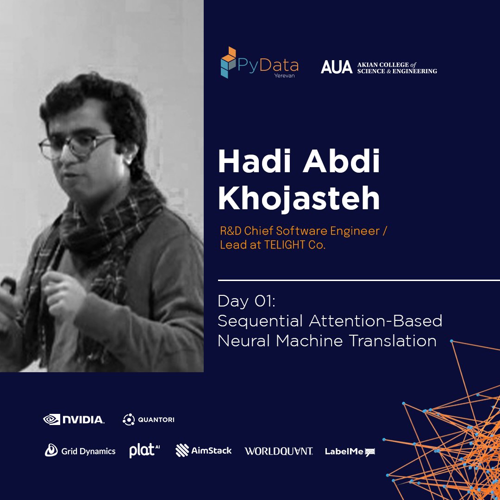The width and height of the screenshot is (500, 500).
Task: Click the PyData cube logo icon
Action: [228, 62]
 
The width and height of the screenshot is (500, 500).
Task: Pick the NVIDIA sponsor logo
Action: [74, 419]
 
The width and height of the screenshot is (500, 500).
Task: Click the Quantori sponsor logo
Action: [149, 419]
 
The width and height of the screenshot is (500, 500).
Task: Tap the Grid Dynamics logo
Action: [80, 450]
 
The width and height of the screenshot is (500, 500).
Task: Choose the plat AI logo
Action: [144, 450]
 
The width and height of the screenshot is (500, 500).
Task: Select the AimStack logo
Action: [204, 450]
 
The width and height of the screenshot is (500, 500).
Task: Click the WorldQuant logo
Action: [279, 451]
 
